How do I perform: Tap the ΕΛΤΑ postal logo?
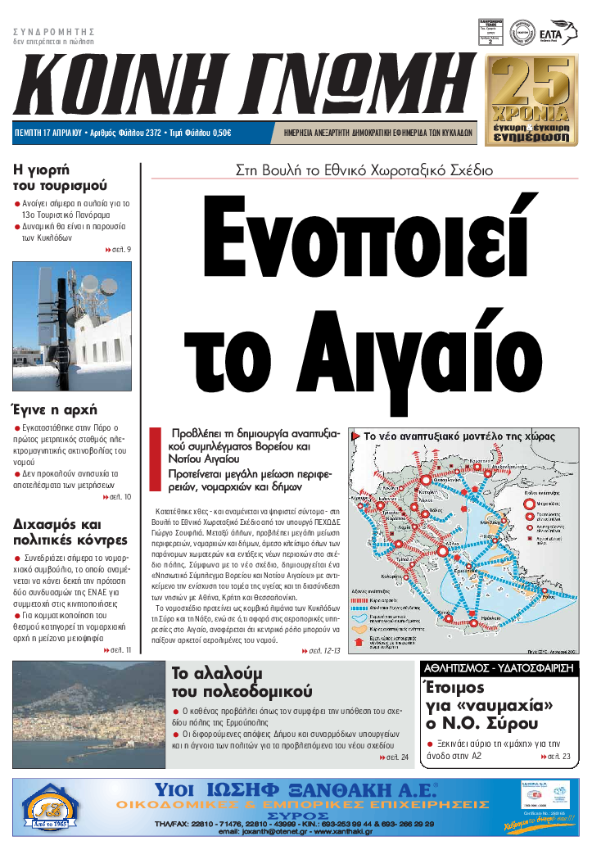[549, 34]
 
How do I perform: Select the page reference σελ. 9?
[118, 249]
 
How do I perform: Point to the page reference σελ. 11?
[118, 650]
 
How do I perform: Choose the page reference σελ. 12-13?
[320, 650]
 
